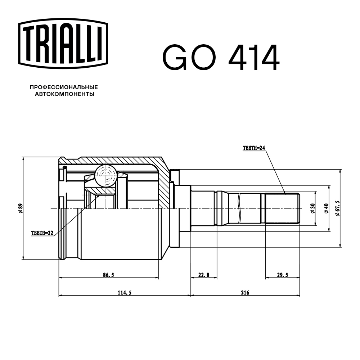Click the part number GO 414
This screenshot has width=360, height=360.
click(x=221, y=58)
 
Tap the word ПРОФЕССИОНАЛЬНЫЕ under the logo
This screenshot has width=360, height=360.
click(x=64, y=87)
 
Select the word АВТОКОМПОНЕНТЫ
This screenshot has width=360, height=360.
click(x=64, y=94)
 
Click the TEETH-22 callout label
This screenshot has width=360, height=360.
click(x=42, y=233)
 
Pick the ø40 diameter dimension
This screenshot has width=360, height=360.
click(x=326, y=209)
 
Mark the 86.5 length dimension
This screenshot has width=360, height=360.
click(x=108, y=275)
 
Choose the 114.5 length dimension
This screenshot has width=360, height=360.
click(x=124, y=293)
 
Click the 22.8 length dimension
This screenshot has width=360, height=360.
click(x=203, y=275)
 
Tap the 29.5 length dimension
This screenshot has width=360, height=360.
click(x=283, y=275)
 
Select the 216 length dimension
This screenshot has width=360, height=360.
click(x=245, y=293)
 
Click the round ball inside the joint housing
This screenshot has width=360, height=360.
click(x=106, y=175)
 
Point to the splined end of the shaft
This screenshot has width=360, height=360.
click(x=282, y=209)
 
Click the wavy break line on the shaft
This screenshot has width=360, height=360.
click(x=239, y=209)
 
